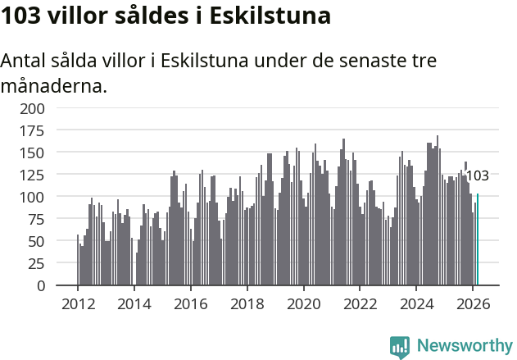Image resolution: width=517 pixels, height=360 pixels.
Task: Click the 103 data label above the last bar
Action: coord(477,175)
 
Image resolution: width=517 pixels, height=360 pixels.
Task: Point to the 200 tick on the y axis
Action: coord(33,108)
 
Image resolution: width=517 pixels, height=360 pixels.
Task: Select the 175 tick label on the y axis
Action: coord(33,130)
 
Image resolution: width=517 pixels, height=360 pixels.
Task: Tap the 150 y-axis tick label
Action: coord(33,153)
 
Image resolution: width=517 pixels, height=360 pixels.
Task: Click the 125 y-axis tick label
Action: coord(33,175)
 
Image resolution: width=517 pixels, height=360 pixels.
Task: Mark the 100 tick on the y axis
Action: coord(33,198)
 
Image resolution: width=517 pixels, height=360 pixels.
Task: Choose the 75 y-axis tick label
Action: coord(36,220)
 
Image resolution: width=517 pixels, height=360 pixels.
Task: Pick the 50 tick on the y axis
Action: coord(36,242)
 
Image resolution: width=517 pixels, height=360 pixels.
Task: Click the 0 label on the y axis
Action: coord(40,286)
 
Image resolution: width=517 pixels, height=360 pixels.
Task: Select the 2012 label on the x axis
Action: coord(78,303)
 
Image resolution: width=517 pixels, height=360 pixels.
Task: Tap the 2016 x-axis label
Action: coord(190,303)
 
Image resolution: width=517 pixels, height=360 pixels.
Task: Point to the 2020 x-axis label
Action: coord(303,303)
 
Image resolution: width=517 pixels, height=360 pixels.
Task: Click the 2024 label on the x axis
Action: coord(415,303)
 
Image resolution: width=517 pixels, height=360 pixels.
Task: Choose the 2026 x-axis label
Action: coord(472,303)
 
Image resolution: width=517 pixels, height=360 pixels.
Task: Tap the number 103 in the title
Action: coord(22,16)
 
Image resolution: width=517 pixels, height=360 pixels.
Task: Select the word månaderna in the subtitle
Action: coord(54,84)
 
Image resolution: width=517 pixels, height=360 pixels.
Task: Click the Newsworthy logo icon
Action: coord(400,346)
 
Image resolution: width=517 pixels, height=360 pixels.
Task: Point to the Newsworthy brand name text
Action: coord(464,346)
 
